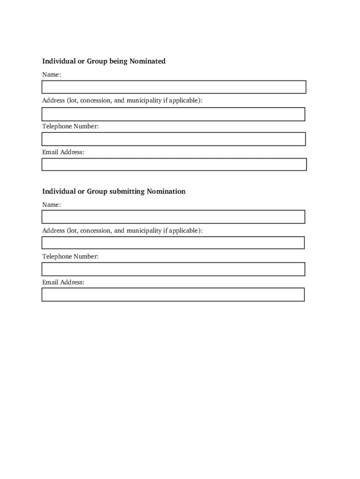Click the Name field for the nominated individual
point(173,87)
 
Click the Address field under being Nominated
point(173,114)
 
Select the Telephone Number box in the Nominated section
point(173,139)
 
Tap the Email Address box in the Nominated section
point(173,164)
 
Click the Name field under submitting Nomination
point(173,217)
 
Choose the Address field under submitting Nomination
point(173,242)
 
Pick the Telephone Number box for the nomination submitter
point(173,269)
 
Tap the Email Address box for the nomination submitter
point(173,294)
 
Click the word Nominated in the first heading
point(147,61)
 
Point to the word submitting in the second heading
point(127,191)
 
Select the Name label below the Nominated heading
point(51,75)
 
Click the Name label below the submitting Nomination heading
point(51,205)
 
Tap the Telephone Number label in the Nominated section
point(70,126)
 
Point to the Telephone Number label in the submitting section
point(70,256)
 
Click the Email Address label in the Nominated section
point(63,152)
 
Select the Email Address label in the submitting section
point(63,282)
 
